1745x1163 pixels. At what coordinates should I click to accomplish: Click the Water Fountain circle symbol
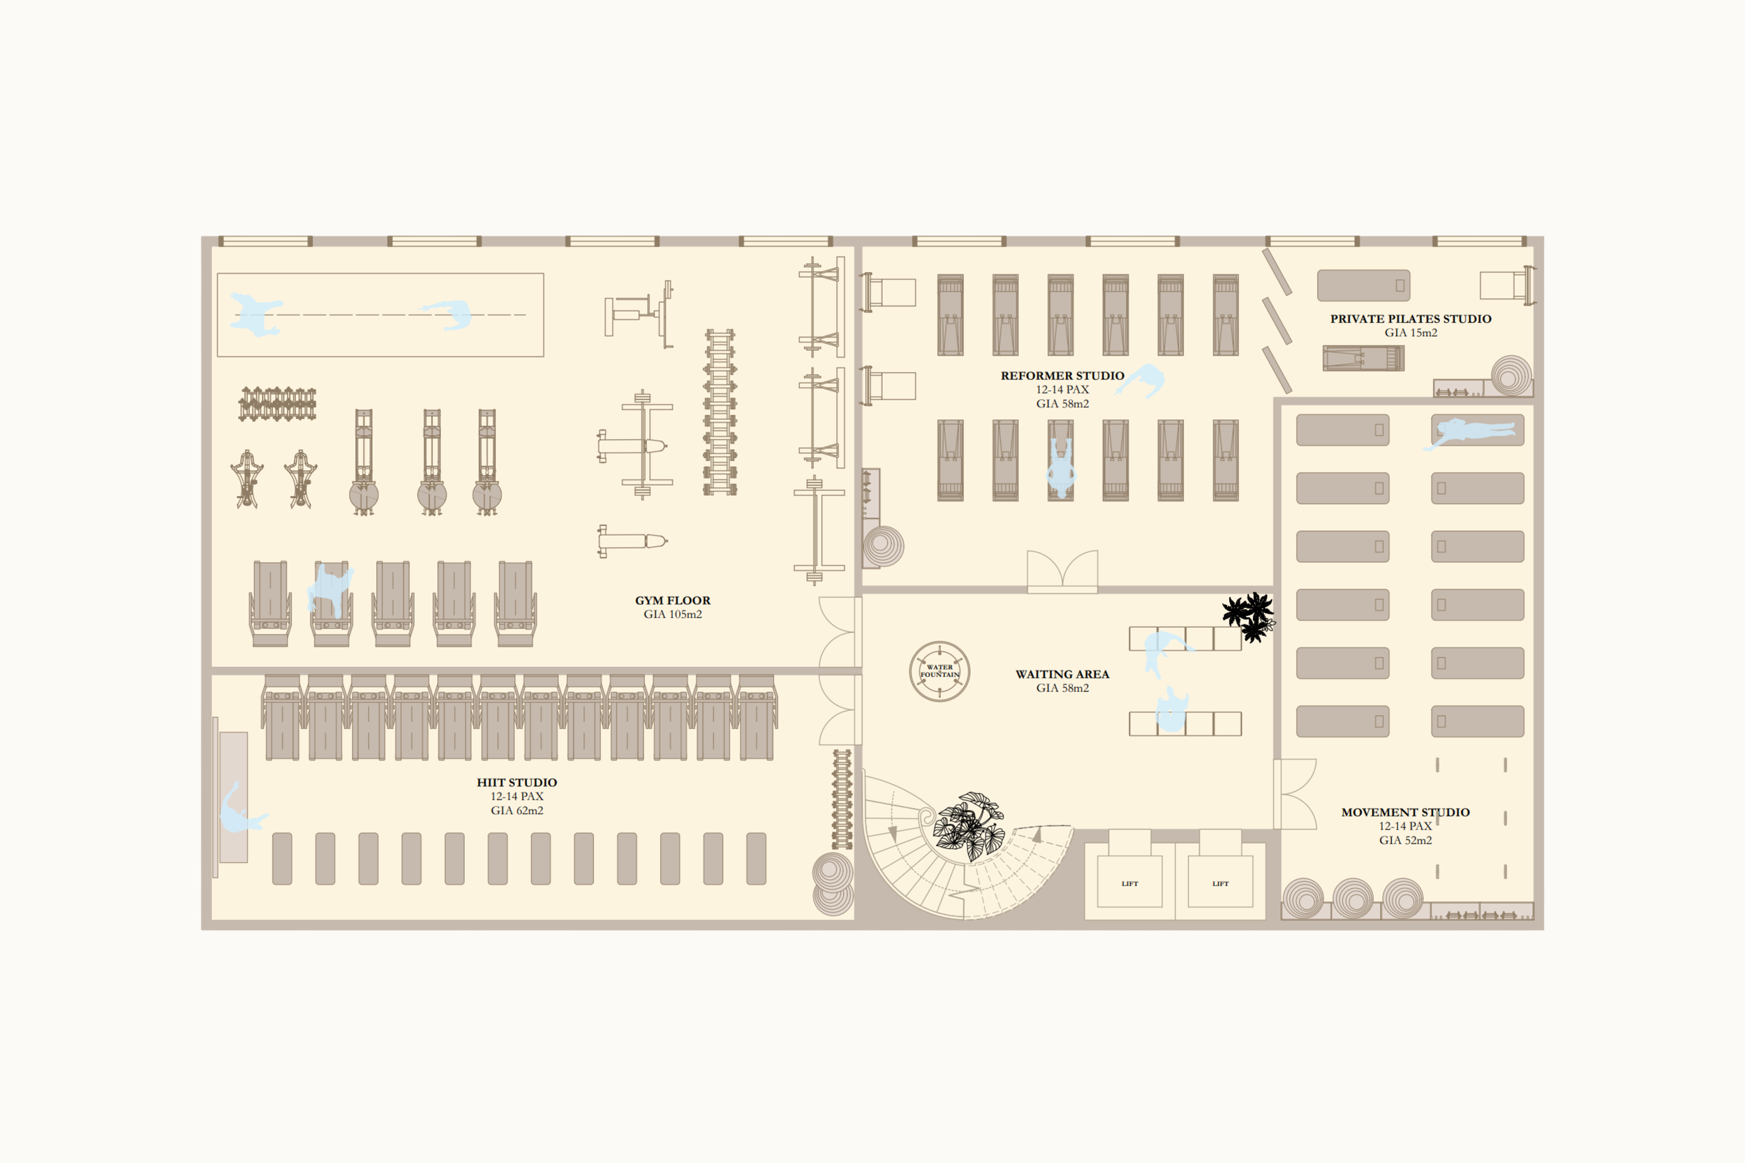(940, 671)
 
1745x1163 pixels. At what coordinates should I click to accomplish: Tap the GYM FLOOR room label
(672, 601)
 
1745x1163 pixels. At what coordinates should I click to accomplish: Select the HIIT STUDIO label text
(517, 783)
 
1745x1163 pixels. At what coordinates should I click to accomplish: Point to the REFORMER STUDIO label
(1062, 376)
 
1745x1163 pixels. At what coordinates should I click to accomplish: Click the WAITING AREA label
(1062, 674)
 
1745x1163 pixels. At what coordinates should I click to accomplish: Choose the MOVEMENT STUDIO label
(1404, 812)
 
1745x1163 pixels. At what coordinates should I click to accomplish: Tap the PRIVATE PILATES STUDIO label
(1410, 319)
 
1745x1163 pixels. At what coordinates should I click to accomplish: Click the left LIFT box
(1129, 881)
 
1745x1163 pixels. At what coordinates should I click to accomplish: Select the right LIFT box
(1219, 881)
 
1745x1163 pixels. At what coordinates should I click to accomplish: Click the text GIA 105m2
(672, 615)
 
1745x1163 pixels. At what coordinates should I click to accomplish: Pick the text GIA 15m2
(1410, 333)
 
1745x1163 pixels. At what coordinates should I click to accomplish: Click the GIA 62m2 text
(517, 811)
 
